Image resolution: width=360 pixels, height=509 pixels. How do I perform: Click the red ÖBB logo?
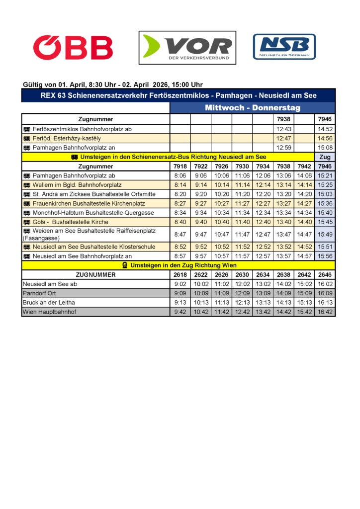73,48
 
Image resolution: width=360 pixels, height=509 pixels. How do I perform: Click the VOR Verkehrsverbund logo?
187,48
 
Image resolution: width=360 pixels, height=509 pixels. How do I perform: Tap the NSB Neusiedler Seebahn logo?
284,47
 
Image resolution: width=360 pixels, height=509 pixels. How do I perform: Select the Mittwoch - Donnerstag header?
253,108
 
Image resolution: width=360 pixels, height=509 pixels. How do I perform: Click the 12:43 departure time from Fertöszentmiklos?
283,129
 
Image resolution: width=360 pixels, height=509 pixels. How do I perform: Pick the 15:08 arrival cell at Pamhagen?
325,148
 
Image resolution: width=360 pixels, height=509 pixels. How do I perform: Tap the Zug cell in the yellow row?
325,157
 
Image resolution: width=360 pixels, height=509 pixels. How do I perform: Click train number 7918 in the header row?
180,167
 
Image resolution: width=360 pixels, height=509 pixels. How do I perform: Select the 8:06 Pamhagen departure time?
180,175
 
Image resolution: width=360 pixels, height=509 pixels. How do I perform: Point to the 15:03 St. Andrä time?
325,194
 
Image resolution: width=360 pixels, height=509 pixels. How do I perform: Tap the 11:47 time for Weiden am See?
242,234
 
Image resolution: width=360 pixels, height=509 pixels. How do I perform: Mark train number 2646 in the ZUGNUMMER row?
325,274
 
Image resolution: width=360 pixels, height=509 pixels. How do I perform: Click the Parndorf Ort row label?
39,293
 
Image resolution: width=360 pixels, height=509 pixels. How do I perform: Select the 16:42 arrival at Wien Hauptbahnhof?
325,312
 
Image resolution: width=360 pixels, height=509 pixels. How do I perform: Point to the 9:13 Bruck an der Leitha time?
180,302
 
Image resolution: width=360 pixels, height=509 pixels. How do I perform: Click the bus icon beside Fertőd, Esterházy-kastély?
27,138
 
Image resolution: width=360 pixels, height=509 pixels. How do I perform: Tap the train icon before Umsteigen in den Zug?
125,265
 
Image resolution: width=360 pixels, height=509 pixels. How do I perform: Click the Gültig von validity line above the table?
113,85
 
